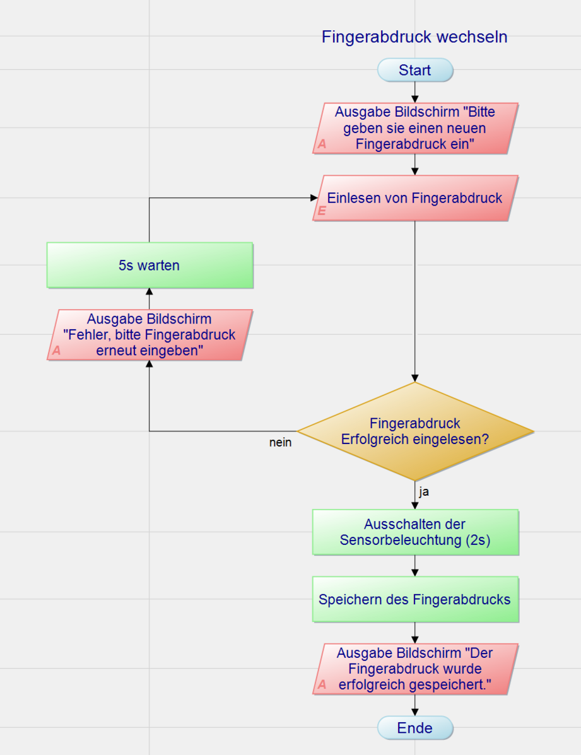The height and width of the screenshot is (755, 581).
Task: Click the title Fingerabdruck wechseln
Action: pyautogui.click(x=414, y=37)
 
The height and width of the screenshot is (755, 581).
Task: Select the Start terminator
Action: pyautogui.click(x=415, y=70)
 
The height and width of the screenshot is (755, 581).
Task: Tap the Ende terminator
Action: pyautogui.click(x=415, y=728)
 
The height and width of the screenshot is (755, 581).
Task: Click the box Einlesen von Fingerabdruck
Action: pyautogui.click(x=415, y=198)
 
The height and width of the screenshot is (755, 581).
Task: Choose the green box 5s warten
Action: pyautogui.click(x=150, y=266)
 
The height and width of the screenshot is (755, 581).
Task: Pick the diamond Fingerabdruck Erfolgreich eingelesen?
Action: pyautogui.click(x=415, y=431)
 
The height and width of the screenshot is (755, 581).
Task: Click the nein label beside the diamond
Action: pyautogui.click(x=280, y=443)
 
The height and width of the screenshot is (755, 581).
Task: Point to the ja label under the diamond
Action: pyautogui.click(x=424, y=491)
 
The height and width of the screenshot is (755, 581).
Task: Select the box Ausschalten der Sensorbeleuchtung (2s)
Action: pyautogui.click(x=415, y=532)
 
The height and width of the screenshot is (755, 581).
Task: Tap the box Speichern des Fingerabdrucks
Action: pyautogui.click(x=415, y=599)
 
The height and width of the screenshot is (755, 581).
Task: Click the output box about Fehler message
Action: pyautogui.click(x=150, y=335)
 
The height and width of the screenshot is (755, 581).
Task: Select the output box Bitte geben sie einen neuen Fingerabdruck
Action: pyautogui.click(x=415, y=129)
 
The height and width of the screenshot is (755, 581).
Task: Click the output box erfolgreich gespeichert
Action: pyautogui.click(x=415, y=669)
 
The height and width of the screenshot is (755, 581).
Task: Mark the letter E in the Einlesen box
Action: pyautogui.click(x=322, y=211)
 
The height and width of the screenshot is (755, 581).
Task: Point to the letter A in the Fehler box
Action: pyautogui.click(x=57, y=351)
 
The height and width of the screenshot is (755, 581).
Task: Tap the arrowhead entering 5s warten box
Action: pyautogui.click(x=150, y=292)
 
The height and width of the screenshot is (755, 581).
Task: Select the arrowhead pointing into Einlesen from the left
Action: pyautogui.click(x=314, y=198)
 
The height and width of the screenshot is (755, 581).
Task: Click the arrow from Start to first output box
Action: pyautogui.click(x=415, y=92)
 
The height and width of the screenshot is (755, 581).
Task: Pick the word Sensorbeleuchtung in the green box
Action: pyautogui.click(x=401, y=540)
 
